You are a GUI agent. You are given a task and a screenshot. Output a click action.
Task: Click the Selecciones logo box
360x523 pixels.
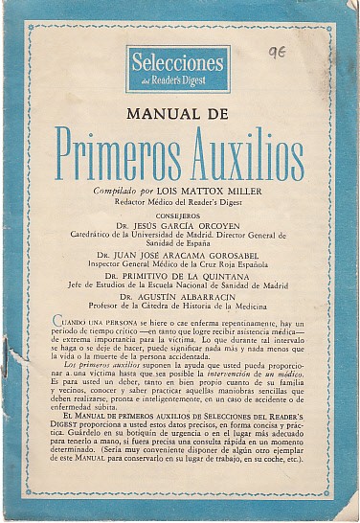(178, 68)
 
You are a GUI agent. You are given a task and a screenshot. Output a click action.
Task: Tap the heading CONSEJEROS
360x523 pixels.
(178, 216)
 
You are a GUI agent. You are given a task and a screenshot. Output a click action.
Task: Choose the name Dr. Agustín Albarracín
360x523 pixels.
(178, 297)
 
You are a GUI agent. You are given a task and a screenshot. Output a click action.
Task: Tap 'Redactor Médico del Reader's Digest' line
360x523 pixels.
(178, 202)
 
